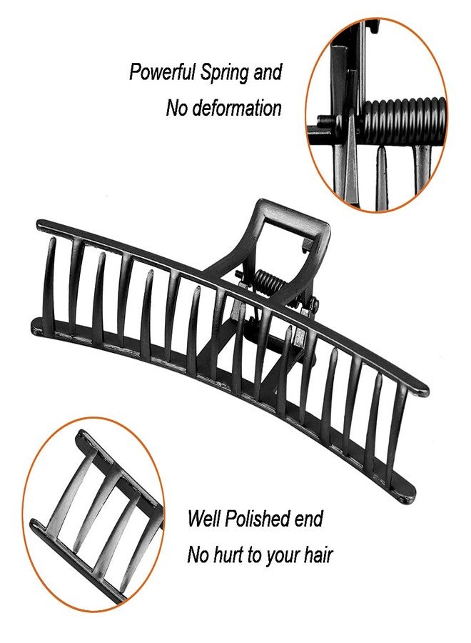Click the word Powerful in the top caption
tap(163, 72)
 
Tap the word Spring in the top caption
tap(225, 73)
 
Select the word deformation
tap(237, 108)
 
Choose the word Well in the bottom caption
tap(204, 519)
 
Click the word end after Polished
tap(309, 519)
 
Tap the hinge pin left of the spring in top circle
tap(325, 121)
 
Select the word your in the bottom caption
tap(284, 557)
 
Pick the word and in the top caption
tap(268, 72)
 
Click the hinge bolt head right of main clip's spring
tap(314, 304)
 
